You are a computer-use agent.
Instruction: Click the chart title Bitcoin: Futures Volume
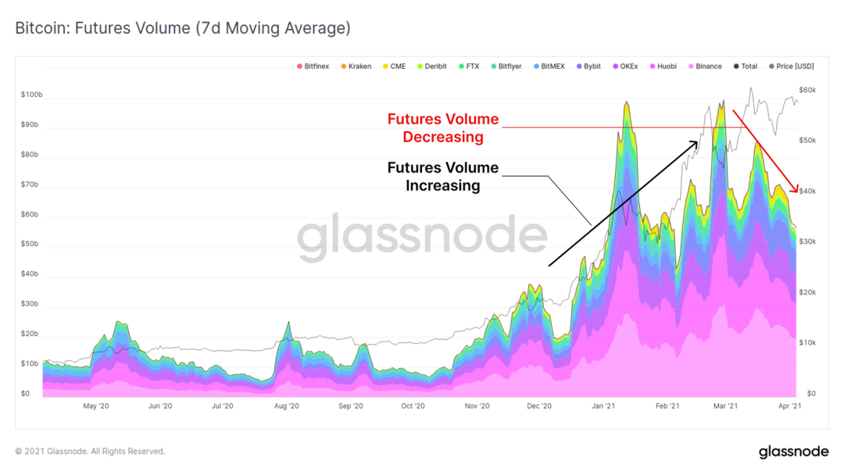tap(183, 29)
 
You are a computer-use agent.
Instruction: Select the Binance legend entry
tap(704, 66)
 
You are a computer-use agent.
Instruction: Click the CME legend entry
tap(393, 66)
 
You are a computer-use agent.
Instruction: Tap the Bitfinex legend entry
tap(313, 66)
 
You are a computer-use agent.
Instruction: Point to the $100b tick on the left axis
tap(32, 95)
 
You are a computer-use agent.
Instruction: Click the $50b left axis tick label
tap(30, 245)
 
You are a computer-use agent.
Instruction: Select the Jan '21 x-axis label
tap(603, 406)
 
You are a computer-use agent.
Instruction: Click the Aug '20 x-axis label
tap(287, 406)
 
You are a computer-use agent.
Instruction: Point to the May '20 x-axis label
tap(95, 406)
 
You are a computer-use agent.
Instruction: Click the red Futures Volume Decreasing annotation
tap(443, 128)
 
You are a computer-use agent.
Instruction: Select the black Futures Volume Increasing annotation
tap(443, 177)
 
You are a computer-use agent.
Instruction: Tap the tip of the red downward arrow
tap(797, 192)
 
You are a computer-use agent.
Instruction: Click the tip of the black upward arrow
tap(698, 141)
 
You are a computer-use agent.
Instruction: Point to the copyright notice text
tap(90, 452)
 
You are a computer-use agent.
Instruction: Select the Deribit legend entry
tap(431, 66)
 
